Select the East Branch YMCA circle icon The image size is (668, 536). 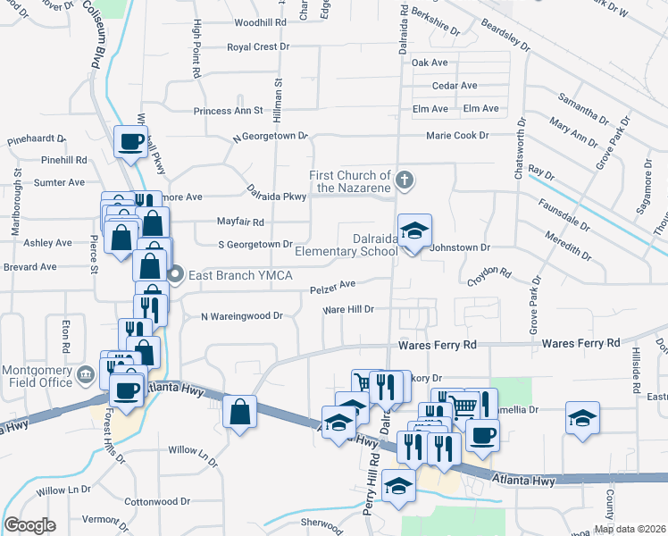[x=177, y=274]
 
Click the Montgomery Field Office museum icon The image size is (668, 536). [x=86, y=373]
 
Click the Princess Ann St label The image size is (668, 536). [x=229, y=112]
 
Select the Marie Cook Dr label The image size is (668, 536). [x=457, y=136]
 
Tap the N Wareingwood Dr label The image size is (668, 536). [x=241, y=316]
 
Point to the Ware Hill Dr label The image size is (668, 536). [x=347, y=309]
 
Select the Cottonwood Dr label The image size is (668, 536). [x=158, y=502]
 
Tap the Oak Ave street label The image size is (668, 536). [x=430, y=63]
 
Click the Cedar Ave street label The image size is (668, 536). [x=455, y=86]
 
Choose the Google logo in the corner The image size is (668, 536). [x=29, y=524]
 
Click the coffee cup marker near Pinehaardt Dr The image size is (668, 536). [x=130, y=140]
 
